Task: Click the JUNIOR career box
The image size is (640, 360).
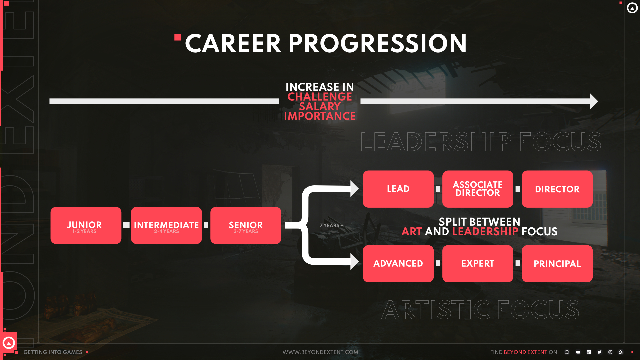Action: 86,225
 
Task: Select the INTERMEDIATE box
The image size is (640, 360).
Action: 166,225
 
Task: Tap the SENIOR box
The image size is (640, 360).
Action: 246,225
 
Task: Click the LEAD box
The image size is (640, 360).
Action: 398,189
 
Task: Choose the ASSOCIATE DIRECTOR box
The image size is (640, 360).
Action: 477,189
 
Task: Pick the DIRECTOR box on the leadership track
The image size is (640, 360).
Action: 557,189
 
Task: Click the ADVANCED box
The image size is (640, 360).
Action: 398,264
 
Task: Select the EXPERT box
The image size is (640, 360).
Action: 477,264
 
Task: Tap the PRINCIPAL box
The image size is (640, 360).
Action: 557,264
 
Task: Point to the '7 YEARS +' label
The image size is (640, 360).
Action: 331,226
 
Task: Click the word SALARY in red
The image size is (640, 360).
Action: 320,106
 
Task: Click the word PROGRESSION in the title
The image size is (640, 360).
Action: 377,44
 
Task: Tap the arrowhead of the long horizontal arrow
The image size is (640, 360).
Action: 594,101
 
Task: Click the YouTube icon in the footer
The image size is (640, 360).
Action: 578,352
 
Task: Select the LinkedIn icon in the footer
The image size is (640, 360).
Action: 589,352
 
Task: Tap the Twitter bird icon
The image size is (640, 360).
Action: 599,352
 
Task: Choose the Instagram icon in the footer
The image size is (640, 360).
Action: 610,352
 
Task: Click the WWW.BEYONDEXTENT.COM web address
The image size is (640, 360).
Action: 320,352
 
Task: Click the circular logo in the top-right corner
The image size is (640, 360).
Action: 632,8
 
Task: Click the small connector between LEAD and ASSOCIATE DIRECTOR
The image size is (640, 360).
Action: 438,189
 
